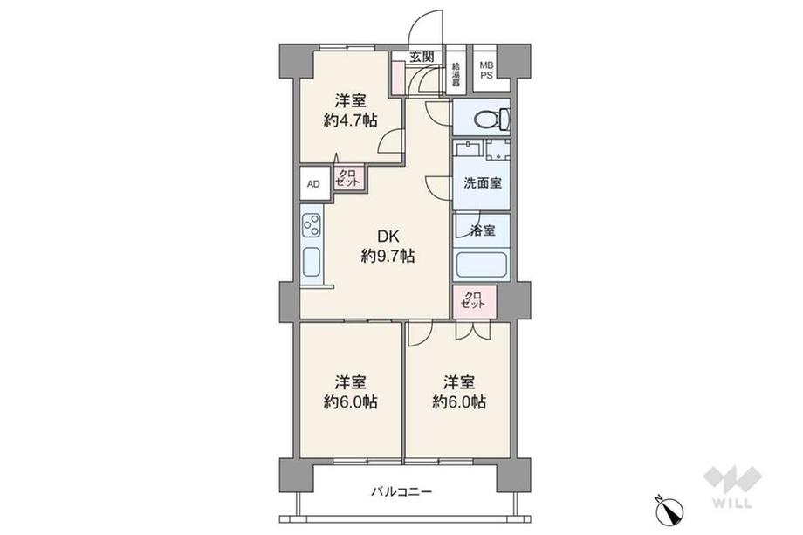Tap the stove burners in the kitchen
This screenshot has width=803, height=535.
click(312, 225)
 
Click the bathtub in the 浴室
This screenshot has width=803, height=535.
click(481, 265)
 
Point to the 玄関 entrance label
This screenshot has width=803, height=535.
click(422, 57)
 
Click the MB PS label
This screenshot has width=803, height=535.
click(486, 70)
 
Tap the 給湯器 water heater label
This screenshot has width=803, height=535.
click(456, 74)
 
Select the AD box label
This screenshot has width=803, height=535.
click(313, 184)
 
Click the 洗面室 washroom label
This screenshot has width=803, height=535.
click(483, 182)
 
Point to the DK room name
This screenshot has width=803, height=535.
click(388, 237)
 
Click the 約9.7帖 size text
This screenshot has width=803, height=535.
click(388, 256)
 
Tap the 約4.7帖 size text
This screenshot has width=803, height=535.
click(351, 120)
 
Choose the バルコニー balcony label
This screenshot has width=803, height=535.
click(401, 492)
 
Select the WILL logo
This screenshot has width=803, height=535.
click(732, 487)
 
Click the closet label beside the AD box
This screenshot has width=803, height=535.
click(349, 178)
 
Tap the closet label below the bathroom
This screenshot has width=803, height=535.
click(473, 300)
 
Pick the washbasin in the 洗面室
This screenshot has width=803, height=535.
click(469, 149)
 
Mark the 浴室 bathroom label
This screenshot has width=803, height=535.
click(483, 230)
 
